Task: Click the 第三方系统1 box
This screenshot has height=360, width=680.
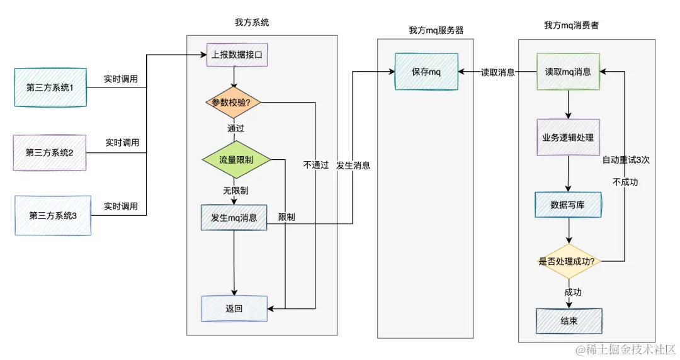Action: coord(50,87)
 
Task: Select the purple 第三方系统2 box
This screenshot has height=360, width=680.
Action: coord(50,152)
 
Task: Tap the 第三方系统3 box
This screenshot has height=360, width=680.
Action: coord(53,215)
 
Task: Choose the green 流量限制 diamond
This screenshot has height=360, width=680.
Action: coord(236,160)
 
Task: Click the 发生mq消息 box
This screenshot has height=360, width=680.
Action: coord(234,218)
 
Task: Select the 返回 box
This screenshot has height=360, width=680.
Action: coord(234,308)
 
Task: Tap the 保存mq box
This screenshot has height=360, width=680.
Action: coord(426,72)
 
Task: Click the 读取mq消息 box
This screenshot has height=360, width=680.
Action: coord(568,72)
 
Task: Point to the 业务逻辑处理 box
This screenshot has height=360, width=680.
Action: coord(568,137)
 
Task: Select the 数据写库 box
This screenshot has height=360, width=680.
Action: coord(568,205)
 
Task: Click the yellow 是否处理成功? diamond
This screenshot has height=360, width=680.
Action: coord(567,261)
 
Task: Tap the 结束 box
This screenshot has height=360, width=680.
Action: coord(569,320)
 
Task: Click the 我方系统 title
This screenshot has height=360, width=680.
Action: coord(252,22)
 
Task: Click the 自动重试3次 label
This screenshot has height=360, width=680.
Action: coord(626,160)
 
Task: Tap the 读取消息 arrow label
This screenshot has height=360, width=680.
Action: coord(499,72)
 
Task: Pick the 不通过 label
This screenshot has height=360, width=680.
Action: coord(315,165)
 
